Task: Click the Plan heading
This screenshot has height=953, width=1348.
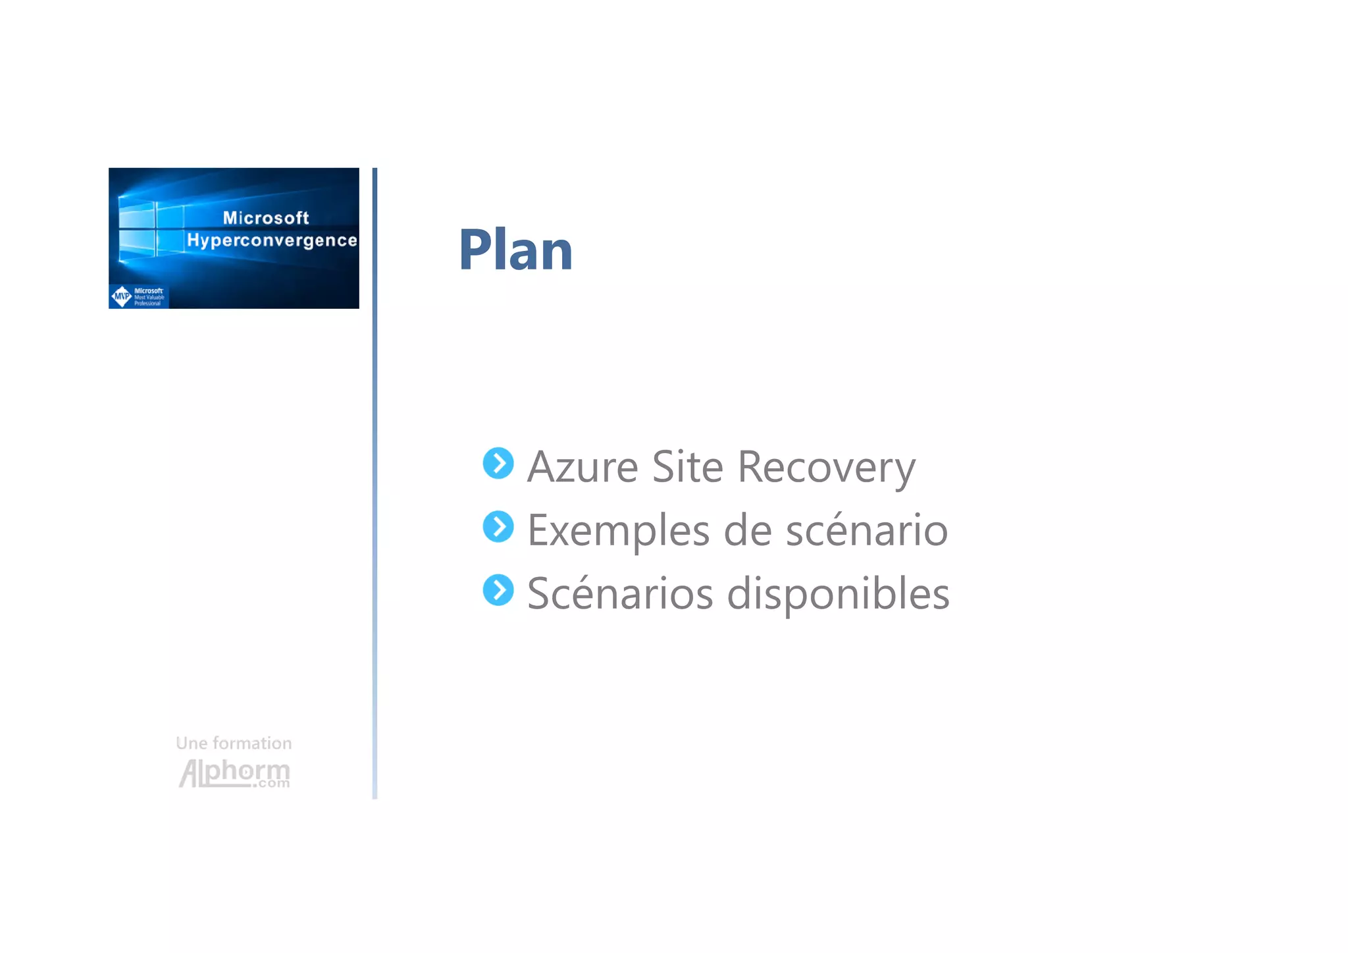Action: [x=515, y=250]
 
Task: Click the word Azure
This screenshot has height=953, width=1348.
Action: [x=583, y=467]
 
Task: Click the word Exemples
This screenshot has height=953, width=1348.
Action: [x=618, y=531]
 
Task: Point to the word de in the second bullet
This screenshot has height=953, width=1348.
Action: [x=747, y=530]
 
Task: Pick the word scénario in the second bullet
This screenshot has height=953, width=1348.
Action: [x=866, y=530]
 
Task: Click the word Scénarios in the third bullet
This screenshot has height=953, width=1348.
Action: [x=619, y=593]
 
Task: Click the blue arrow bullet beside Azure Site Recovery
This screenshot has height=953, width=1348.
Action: [x=498, y=464]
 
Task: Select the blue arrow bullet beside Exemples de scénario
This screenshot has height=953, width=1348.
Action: [x=498, y=527]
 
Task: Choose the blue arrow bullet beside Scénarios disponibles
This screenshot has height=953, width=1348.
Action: [x=498, y=590]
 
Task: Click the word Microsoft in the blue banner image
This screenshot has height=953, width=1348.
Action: [x=265, y=218]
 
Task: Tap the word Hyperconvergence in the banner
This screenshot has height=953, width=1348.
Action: [x=272, y=240]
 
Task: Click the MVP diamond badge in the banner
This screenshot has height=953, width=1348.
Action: [x=122, y=296]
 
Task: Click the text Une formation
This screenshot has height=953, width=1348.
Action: [x=234, y=744]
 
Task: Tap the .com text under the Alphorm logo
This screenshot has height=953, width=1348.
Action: [x=271, y=783]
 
